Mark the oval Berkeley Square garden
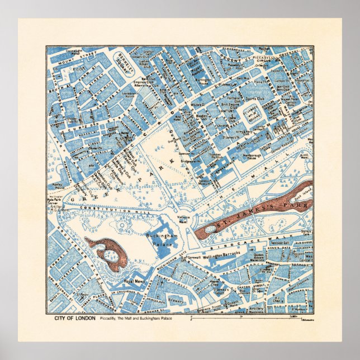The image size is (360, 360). (x=122, y=62)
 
